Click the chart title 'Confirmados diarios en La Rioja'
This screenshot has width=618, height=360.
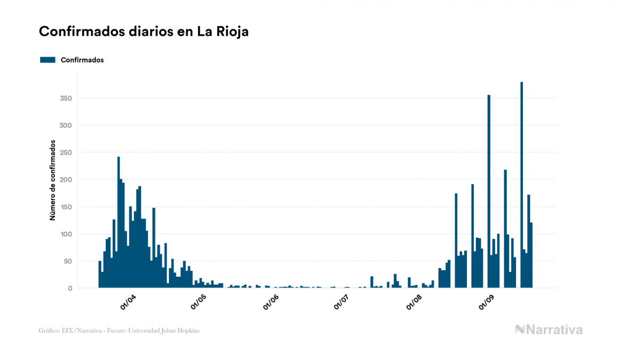coord(144,32)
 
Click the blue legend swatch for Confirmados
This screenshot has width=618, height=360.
coord(48,60)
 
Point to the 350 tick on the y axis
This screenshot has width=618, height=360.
coord(66,98)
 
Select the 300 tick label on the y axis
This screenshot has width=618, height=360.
coord(66,126)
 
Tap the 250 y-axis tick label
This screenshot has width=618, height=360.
coord(66,153)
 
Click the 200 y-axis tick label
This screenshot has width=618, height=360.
coord(66,179)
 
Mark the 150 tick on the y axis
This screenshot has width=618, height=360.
coord(66,207)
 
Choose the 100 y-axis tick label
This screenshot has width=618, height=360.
coord(66,234)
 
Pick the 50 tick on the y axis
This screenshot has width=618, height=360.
coord(68,261)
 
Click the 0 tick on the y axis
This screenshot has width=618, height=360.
coord(69,288)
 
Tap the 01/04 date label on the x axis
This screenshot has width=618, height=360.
coord(129,302)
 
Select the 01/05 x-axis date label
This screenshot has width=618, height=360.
coord(199,302)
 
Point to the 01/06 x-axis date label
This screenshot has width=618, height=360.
coord(271,302)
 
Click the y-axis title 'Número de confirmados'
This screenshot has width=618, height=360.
coord(53,180)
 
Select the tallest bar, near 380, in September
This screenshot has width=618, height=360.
coord(521,185)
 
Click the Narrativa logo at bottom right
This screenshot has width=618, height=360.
coord(549,330)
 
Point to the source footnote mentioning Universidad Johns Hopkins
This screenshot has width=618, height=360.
coord(120,331)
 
